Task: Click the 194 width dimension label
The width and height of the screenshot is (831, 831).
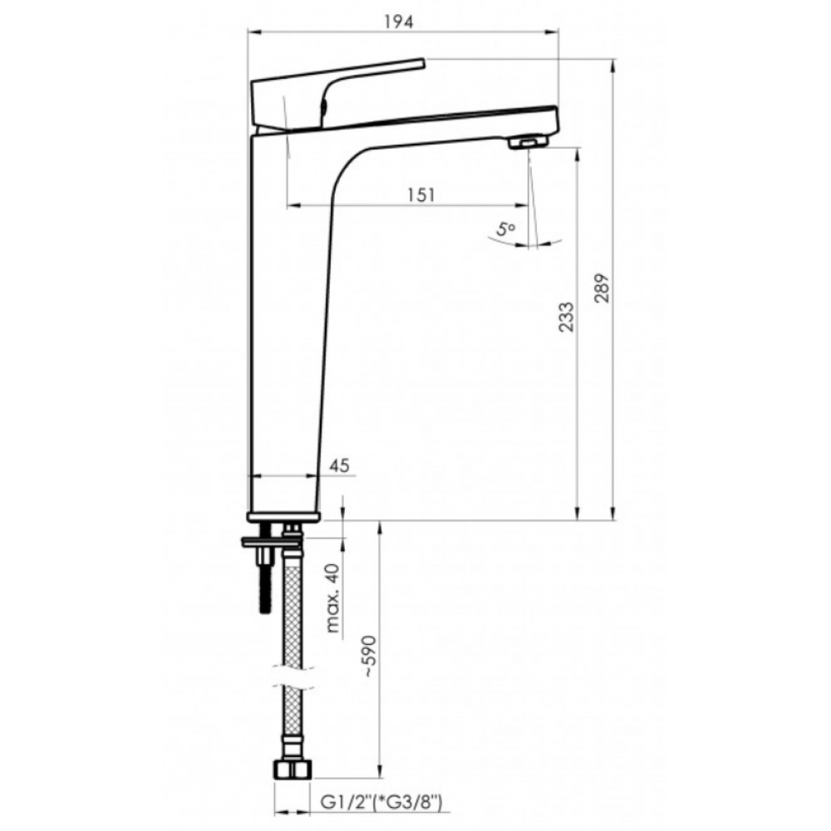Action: point(399,22)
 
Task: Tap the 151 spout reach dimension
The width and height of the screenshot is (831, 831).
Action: point(421,195)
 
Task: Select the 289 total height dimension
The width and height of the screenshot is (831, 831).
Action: point(602,288)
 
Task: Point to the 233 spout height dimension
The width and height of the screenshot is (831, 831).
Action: point(566,317)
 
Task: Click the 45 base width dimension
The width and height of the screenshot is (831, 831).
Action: point(339,465)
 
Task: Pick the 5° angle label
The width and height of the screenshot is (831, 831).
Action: point(505,229)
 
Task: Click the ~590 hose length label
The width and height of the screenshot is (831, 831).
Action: point(370,656)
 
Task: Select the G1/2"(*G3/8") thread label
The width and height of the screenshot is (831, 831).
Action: point(381,803)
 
